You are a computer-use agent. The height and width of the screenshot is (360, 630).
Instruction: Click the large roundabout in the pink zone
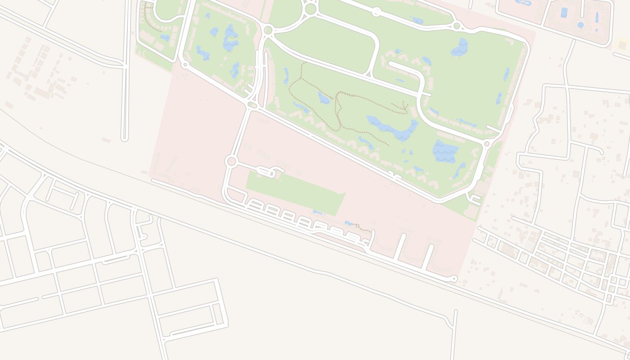[x=231, y=161]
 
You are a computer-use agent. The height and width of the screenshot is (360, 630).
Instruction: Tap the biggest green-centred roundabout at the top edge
[x=310, y=9]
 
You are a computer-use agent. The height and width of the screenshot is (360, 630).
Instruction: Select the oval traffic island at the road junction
[x=252, y=105]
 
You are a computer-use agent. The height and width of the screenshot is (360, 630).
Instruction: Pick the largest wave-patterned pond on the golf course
[x=445, y=151]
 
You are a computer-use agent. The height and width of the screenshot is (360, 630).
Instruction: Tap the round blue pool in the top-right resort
[x=580, y=25]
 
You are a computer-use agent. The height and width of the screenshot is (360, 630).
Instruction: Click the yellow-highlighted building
[x=622, y=44]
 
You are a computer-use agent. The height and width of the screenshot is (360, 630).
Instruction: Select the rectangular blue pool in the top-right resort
[x=564, y=13]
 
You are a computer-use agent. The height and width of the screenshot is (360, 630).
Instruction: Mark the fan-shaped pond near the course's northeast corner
[x=460, y=47]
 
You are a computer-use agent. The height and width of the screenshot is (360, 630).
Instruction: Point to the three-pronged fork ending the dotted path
[x=404, y=107]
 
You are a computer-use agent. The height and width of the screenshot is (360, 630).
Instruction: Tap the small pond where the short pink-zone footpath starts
[x=349, y=223]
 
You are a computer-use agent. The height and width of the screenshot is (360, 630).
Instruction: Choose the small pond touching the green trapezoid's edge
[x=318, y=212]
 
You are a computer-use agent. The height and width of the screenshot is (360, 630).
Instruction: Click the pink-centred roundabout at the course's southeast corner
[x=486, y=144]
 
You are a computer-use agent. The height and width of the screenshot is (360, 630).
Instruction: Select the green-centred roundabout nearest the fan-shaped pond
[x=457, y=26]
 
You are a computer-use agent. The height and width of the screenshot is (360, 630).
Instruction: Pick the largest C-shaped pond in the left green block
[x=230, y=38]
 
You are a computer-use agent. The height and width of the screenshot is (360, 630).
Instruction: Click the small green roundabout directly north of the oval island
[x=268, y=30]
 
